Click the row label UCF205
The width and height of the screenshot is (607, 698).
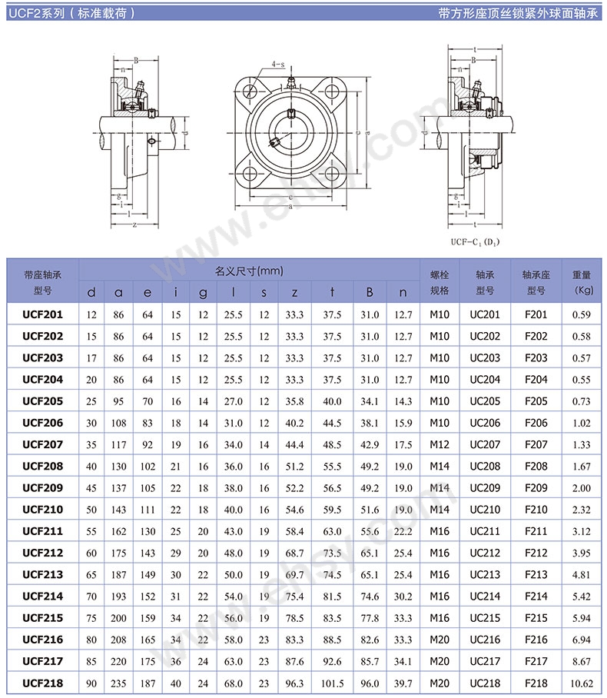tap(43, 401)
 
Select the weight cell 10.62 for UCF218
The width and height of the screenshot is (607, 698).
tap(583, 683)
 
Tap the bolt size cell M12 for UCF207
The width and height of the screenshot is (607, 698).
tap(439, 444)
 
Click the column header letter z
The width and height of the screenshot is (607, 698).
tap(294, 292)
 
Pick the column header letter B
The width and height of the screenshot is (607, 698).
tap(370, 292)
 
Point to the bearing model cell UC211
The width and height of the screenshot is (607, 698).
tap(485, 531)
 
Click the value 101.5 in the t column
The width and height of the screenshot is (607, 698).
tap(332, 683)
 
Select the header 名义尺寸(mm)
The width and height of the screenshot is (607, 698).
tap(248, 271)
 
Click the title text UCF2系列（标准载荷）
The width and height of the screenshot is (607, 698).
tap(73, 13)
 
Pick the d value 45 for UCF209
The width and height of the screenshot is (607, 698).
tap(91, 487)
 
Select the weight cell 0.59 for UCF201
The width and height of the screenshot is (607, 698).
tap(583, 314)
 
